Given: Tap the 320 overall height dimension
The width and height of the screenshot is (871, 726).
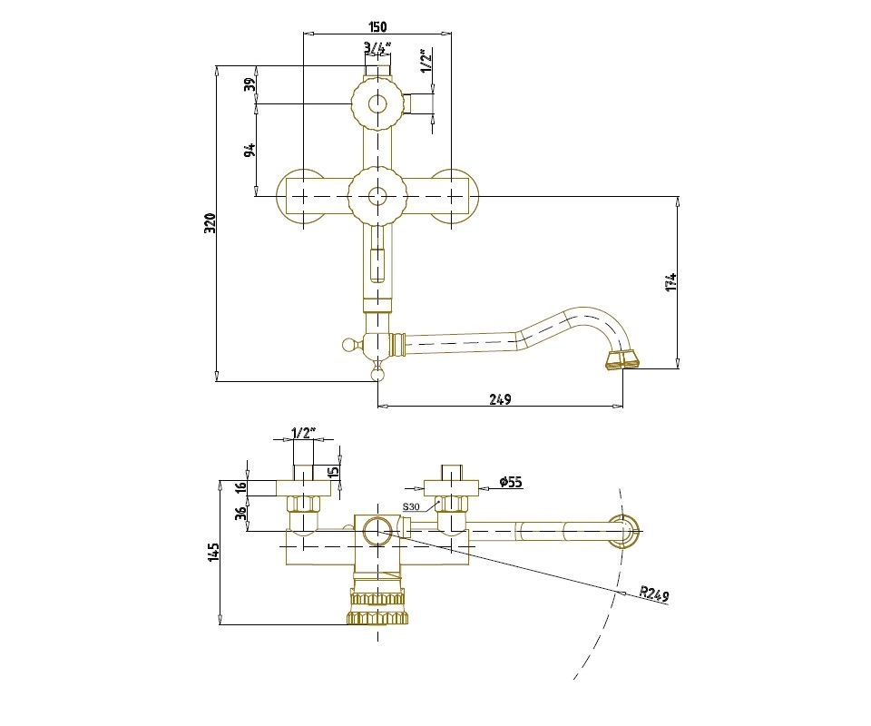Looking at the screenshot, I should click(x=210, y=223).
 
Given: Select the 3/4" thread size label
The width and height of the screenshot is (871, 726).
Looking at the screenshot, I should click(x=377, y=46).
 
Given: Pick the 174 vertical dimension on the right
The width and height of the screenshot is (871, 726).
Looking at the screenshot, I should click(x=670, y=282).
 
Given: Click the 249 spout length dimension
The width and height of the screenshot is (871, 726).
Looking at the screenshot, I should click(x=500, y=399).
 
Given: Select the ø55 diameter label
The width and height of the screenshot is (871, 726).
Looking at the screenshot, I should click(x=511, y=482).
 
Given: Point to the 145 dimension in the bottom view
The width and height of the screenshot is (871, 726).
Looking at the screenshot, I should click(x=214, y=552).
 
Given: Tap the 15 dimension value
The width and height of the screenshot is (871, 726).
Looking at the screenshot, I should click(x=334, y=470).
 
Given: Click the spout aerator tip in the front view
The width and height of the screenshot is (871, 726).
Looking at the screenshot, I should click(x=621, y=360).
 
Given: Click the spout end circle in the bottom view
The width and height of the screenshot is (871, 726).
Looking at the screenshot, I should click(x=624, y=530).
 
